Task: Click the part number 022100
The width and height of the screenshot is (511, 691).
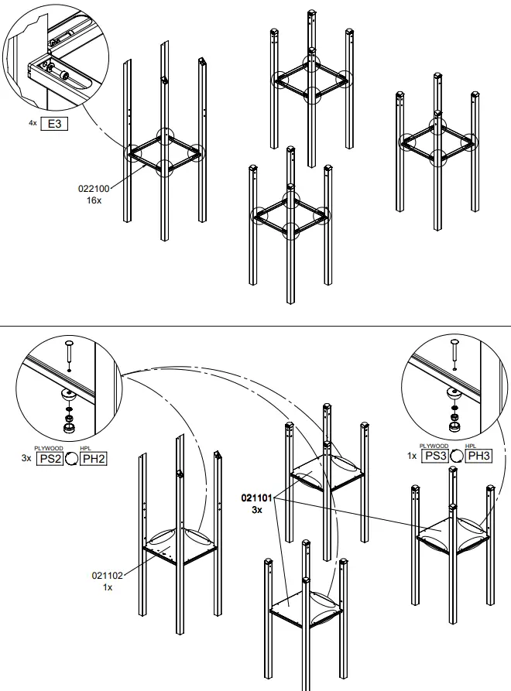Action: (94, 188)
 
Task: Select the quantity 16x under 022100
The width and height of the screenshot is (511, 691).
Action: (94, 200)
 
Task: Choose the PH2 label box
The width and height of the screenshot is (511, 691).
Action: (94, 458)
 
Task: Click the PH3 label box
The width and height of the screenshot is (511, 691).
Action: (478, 456)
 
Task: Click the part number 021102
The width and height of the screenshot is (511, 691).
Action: (108, 575)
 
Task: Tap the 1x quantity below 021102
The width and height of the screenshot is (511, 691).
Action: (108, 587)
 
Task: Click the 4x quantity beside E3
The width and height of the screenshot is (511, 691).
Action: (33, 124)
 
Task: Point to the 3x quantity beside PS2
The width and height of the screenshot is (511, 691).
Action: (26, 458)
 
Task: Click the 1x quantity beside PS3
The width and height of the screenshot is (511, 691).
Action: (412, 456)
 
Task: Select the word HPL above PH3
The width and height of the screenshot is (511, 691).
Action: (471, 446)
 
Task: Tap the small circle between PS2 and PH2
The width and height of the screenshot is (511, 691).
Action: (71, 458)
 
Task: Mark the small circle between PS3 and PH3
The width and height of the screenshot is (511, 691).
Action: (457, 456)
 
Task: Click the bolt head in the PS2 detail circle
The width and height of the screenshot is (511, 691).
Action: (68, 342)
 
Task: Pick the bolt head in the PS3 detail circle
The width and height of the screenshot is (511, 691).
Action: (454, 341)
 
